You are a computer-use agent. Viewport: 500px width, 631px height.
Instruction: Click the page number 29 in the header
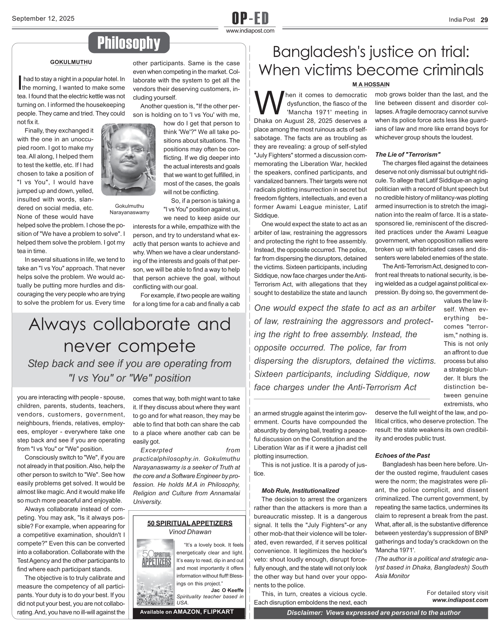coord(484,20)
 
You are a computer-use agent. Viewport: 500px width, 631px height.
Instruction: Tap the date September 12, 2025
coord(43,18)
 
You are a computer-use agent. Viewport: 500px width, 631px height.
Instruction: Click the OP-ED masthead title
coord(250,18)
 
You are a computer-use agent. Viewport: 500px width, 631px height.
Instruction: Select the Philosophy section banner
coord(129,43)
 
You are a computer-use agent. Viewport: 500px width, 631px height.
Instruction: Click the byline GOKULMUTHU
coord(71,62)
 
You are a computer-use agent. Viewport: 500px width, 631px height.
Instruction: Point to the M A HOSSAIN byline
coord(370,84)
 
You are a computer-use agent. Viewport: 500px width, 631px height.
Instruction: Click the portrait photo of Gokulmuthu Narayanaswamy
coord(128,159)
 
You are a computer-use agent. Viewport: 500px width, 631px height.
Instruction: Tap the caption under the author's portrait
coord(129,209)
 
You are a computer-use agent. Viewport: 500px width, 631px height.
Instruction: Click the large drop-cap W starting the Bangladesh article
coord(269,102)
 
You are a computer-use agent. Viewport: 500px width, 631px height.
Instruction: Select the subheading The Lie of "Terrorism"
coord(408,155)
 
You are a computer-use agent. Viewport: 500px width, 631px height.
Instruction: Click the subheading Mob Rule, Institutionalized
coord(300,491)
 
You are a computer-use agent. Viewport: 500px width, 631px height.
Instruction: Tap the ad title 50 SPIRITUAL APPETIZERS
coord(190,523)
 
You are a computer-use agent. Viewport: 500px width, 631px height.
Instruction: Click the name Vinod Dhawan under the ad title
coord(190,532)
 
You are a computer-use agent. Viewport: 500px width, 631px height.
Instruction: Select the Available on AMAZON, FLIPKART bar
coord(187,612)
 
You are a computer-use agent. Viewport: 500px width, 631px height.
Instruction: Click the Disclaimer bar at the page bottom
coord(370,613)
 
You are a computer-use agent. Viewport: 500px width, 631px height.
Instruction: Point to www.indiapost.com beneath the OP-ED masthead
coord(250,31)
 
